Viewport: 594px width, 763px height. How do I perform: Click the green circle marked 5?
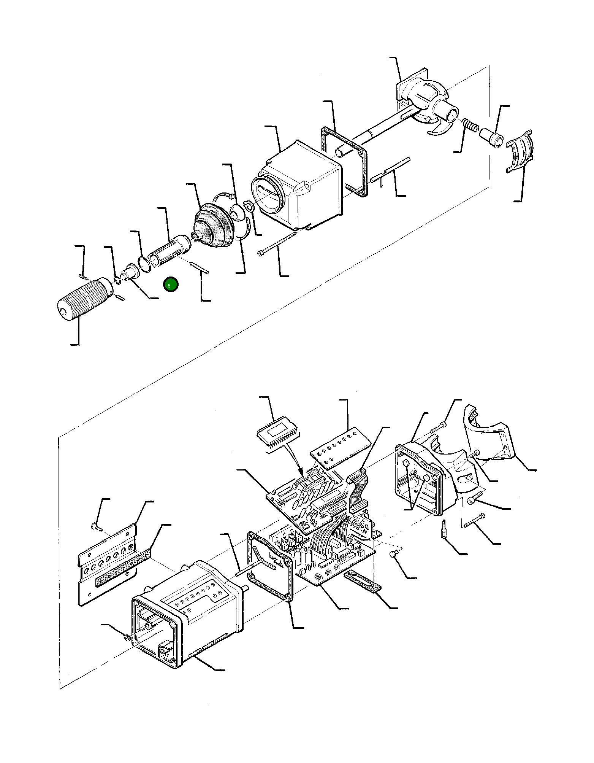pos(171,285)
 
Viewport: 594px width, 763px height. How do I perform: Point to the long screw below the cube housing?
pos(277,244)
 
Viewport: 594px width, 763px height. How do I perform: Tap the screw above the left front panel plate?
pos(95,527)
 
